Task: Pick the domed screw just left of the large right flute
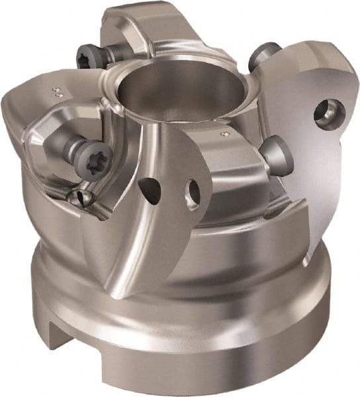(272, 154)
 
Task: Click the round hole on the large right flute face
(328, 112)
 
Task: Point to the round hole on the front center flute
(194, 192)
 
